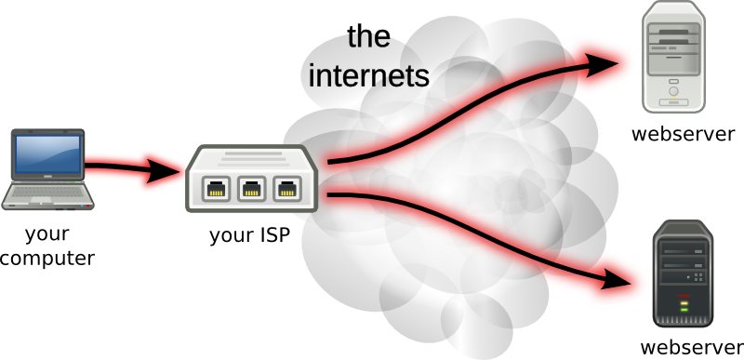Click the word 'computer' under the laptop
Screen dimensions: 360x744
(46, 259)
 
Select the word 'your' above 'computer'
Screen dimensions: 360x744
(46, 233)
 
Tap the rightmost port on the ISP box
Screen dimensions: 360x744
(284, 190)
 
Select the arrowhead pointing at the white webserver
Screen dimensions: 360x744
(608, 63)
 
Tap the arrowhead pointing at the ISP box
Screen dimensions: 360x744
(167, 172)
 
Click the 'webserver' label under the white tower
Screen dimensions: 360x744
(684, 134)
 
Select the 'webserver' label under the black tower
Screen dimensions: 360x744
(693, 347)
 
